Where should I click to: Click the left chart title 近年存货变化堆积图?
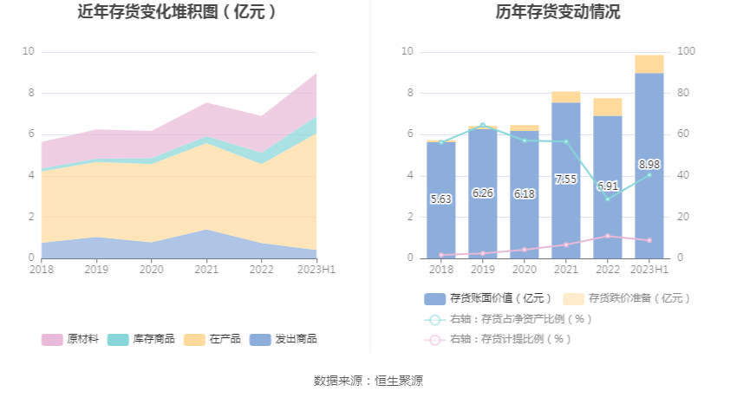point(178,12)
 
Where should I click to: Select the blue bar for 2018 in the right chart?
point(440,199)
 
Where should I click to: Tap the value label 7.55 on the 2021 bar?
point(565,179)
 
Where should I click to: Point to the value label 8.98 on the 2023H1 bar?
point(649,164)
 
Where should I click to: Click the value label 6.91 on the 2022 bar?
point(607,186)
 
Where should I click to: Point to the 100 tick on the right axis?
point(686,52)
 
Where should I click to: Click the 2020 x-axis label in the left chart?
point(152,270)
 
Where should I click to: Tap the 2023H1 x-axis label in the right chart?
point(649,270)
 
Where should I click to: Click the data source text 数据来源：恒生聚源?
point(368,381)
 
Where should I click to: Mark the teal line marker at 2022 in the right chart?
point(607,199)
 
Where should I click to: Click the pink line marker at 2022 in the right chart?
point(607,236)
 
